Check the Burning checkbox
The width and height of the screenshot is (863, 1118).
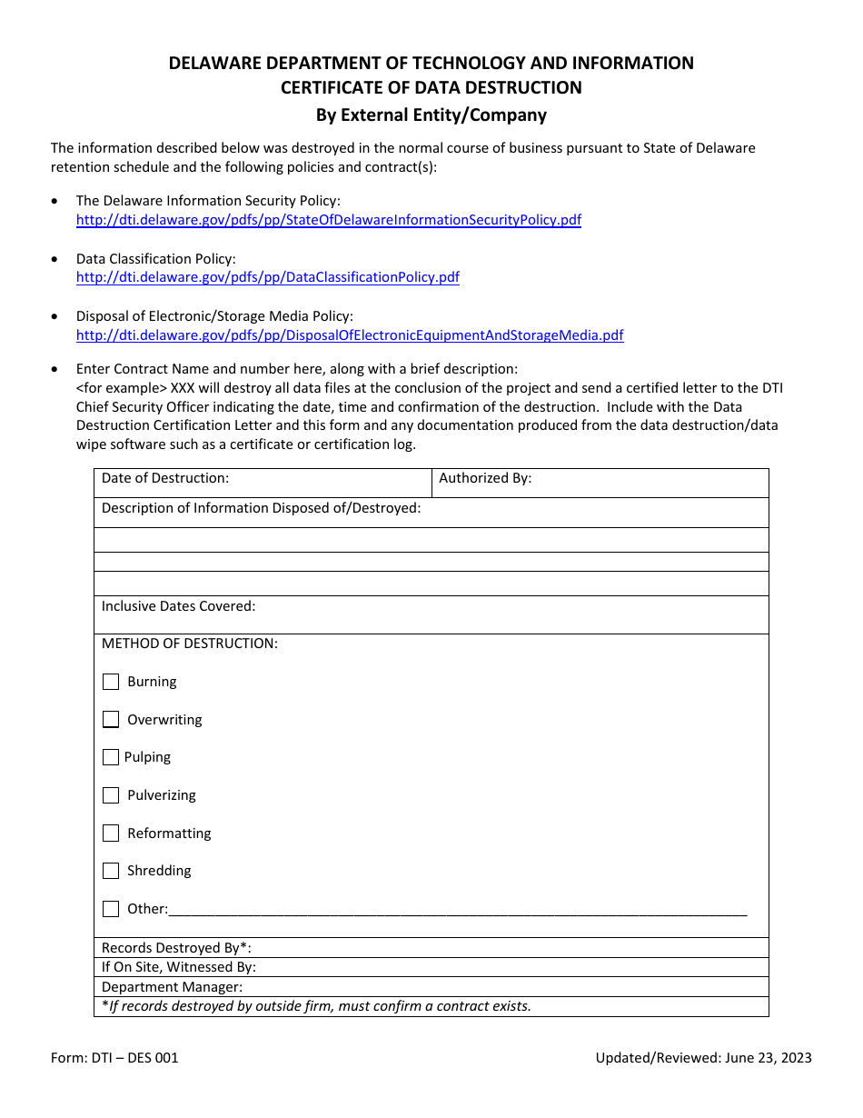click(x=111, y=682)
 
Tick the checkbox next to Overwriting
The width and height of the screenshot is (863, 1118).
click(x=111, y=720)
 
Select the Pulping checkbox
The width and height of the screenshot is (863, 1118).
click(x=111, y=757)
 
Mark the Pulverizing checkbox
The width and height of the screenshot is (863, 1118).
click(x=111, y=795)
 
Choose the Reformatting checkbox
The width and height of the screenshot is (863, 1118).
click(x=111, y=834)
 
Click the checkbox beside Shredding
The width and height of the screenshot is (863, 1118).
click(x=111, y=871)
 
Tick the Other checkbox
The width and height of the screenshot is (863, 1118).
click(x=111, y=909)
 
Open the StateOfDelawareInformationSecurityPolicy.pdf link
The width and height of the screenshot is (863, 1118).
click(x=328, y=220)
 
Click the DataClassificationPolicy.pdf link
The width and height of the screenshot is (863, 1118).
click(x=267, y=277)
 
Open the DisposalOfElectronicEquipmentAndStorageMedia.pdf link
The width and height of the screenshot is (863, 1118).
click(x=350, y=335)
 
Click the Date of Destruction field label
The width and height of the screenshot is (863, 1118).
click(x=165, y=478)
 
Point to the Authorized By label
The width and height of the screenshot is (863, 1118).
click(x=485, y=478)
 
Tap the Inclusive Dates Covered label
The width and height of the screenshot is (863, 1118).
click(x=178, y=606)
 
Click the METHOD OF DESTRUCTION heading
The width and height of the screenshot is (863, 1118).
click(x=189, y=644)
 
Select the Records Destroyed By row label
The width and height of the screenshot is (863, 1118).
click(x=176, y=948)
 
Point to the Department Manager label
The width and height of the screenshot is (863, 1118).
click(x=172, y=987)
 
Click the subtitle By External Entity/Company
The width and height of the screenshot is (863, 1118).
click(x=431, y=115)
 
